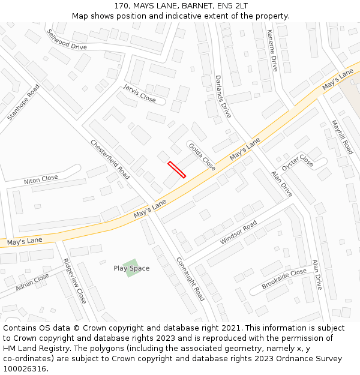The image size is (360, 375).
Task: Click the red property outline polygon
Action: pos(176,169)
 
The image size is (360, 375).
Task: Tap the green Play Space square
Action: pos(131,268)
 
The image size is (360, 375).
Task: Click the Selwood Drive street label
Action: pos(67,40)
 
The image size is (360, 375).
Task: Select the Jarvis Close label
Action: pos(139,93)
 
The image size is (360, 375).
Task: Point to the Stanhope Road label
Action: pos(23,102)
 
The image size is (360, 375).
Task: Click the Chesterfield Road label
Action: pos(110,159)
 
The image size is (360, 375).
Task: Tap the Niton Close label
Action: pos(41,179)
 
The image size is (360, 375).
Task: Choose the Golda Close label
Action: pos(202,157)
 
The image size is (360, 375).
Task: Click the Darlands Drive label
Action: pos(223,96)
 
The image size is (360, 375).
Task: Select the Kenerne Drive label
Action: pos(272,50)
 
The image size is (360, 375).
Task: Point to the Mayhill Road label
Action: pos(343,137)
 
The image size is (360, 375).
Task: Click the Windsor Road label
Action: pos(238,232)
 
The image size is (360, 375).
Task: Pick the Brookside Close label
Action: pos(284,279)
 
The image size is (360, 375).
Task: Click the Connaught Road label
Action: pos(190,279)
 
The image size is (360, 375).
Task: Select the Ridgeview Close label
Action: pos(74,281)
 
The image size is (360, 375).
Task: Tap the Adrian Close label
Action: pos(32,282)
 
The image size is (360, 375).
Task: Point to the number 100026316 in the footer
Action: pos(25,368)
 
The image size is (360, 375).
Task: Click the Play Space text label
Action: pos(131,268)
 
